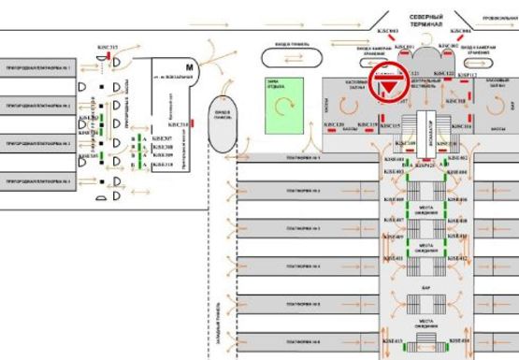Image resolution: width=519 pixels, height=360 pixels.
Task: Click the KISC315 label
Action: click(108, 47)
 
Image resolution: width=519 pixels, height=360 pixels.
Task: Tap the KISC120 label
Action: click(334, 125)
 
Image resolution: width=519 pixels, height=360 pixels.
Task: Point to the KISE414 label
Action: click(458, 341)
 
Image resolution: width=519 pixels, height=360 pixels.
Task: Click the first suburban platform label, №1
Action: click(39, 69)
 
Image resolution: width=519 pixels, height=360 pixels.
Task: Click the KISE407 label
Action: click(394, 221)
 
